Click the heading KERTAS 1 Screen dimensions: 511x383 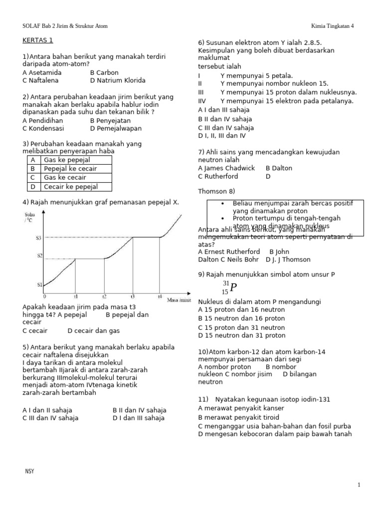[x=37, y=40]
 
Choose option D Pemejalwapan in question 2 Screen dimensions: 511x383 [x=116, y=128]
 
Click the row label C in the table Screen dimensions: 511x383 [x=33, y=178]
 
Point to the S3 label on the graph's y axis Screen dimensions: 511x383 [x=38, y=238]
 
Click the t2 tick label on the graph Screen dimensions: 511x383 [x=104, y=296]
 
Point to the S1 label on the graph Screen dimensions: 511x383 [x=38, y=285]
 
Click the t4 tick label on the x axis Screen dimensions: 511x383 [x=160, y=296]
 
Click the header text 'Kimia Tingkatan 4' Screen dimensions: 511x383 [x=332, y=26]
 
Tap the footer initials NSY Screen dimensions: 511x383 [x=29, y=471]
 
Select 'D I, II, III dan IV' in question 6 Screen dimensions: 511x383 [x=222, y=135]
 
